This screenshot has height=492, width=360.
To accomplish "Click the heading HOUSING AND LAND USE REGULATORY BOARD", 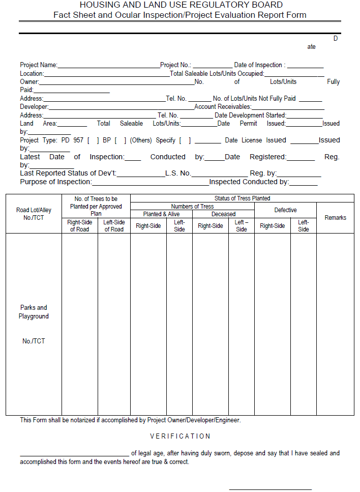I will tap(180, 5).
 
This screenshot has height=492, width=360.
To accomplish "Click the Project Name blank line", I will tap(109, 66).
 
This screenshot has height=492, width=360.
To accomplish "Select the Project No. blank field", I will tap(212, 66).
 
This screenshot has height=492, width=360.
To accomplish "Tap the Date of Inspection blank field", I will tap(305, 66).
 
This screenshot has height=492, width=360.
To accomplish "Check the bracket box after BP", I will tap(121, 140).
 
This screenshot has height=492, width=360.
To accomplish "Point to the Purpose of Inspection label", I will tap(56, 182).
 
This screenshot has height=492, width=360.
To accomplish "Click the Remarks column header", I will tap(335, 218).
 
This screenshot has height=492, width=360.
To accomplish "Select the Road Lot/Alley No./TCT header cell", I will tap(34, 214).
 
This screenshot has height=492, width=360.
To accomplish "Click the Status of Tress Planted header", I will tap(242, 198).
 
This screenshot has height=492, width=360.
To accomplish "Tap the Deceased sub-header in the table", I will tap(223, 214).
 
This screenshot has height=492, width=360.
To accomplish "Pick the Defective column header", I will tap(285, 210).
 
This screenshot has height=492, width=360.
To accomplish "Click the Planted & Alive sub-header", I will tap(161, 214).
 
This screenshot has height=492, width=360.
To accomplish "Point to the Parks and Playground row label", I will tap(34, 312).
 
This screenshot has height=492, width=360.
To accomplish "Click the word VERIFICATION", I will tap(180, 436).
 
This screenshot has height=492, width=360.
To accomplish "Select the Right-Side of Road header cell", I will tap(79, 226).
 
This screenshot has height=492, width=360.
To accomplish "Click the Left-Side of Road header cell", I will tap(114, 226).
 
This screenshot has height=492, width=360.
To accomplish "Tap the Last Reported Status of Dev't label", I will tap(68, 173).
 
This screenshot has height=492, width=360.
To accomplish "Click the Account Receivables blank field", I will tap(288, 108).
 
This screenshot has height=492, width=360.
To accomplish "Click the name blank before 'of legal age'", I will tap(74, 454).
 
